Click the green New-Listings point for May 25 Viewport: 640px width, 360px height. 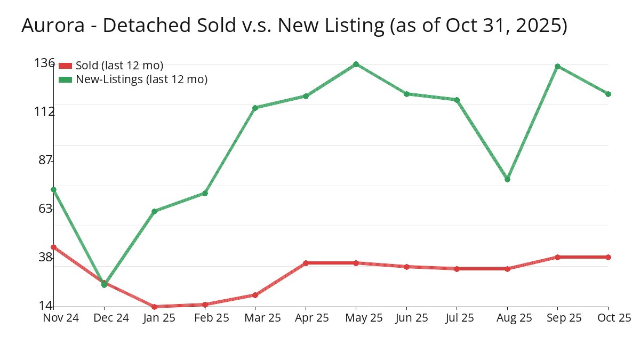pyautogui.click(x=356, y=65)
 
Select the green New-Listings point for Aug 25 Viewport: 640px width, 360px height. pyautogui.click(x=507, y=179)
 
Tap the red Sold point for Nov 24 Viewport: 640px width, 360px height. pyautogui.click(x=53, y=247)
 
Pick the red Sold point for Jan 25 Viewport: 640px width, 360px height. pyautogui.click(x=154, y=307)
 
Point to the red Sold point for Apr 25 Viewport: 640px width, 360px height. pyautogui.click(x=306, y=263)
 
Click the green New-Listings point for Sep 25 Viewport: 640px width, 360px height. pyautogui.click(x=557, y=66)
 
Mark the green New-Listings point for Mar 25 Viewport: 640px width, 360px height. pyautogui.click(x=255, y=108)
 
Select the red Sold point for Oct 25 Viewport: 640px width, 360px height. pyautogui.click(x=608, y=257)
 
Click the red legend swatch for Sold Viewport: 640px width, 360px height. pyautogui.click(x=65, y=66)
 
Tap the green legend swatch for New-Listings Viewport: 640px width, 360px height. pyautogui.click(x=65, y=79)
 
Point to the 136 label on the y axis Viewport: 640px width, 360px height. pyautogui.click(x=44, y=63)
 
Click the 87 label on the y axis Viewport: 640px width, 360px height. pyautogui.click(x=46, y=160)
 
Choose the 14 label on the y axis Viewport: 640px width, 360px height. pyautogui.click(x=46, y=306)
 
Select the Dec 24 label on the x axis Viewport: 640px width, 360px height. pyautogui.click(x=111, y=318)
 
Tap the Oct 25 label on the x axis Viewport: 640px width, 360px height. pyautogui.click(x=613, y=318)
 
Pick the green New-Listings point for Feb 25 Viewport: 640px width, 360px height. pyautogui.click(x=205, y=193)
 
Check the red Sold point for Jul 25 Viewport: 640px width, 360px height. pyautogui.click(x=457, y=269)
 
